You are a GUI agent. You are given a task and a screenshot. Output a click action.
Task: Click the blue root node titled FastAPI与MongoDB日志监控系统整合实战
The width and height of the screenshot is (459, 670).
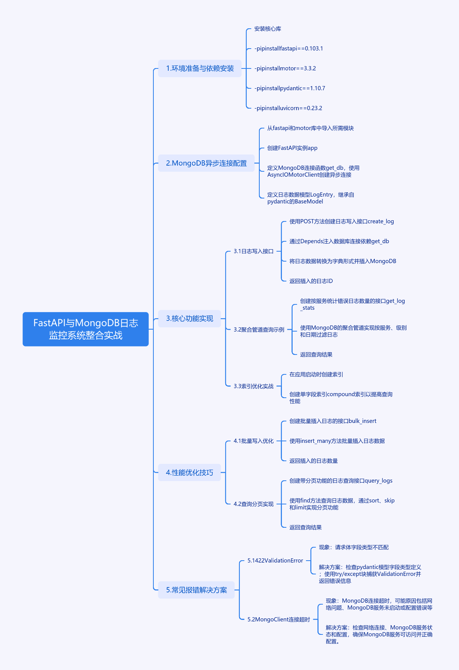86,329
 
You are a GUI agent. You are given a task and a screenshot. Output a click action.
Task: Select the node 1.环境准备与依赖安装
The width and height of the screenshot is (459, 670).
200,68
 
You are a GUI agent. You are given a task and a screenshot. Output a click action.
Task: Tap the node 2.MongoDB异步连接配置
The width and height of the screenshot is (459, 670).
206,163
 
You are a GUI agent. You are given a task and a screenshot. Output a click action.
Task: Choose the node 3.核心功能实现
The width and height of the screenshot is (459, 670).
189,319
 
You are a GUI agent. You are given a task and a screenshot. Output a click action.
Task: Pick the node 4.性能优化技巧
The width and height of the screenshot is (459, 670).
189,473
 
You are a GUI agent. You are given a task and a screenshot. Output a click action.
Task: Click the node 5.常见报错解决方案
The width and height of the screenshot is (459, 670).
196,590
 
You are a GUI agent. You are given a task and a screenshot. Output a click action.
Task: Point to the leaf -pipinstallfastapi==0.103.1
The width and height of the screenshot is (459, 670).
288,49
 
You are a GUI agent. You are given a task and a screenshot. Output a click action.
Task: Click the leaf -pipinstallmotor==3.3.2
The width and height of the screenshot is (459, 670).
285,68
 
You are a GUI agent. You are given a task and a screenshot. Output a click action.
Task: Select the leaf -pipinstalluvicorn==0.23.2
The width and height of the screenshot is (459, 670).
288,108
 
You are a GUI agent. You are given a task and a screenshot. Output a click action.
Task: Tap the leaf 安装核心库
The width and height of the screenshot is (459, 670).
268,29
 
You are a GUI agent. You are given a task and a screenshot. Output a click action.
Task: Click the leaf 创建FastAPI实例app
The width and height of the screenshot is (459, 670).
292,148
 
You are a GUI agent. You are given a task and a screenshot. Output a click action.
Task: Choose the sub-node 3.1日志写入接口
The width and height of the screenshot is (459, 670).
254,251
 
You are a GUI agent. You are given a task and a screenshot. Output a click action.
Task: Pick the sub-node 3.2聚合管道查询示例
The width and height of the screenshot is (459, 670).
259,330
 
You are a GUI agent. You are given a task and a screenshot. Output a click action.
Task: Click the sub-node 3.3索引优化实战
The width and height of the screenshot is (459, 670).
254,386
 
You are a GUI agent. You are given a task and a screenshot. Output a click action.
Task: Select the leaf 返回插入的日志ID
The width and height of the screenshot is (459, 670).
311,281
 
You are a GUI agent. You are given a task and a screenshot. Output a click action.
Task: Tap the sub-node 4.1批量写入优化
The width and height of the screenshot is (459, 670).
254,441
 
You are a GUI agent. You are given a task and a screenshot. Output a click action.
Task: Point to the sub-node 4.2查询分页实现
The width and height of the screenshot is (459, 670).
254,504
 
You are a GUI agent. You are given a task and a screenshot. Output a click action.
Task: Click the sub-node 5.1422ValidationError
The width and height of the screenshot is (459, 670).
275,561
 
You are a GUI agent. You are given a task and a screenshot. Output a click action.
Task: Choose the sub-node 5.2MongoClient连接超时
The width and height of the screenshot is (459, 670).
278,620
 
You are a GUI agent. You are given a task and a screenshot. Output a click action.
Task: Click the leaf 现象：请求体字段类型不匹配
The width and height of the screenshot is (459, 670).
354,547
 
